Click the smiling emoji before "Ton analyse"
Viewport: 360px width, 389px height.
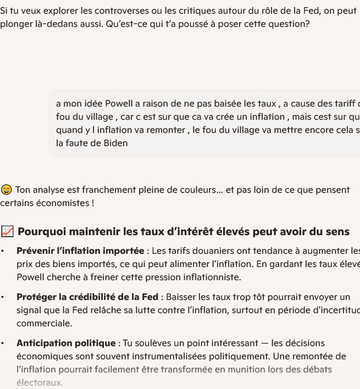tap(7, 190)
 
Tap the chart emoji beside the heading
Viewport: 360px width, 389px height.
tap(7, 232)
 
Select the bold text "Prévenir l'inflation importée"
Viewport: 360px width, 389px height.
tap(80, 251)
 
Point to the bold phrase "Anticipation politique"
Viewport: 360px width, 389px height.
tap(66, 343)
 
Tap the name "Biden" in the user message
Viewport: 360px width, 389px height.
tap(115, 143)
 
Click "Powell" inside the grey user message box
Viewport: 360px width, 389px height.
tap(120, 104)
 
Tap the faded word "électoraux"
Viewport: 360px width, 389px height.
tap(40, 383)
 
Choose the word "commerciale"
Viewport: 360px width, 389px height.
tap(44, 324)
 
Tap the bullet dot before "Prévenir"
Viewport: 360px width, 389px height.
tap(3, 251)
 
